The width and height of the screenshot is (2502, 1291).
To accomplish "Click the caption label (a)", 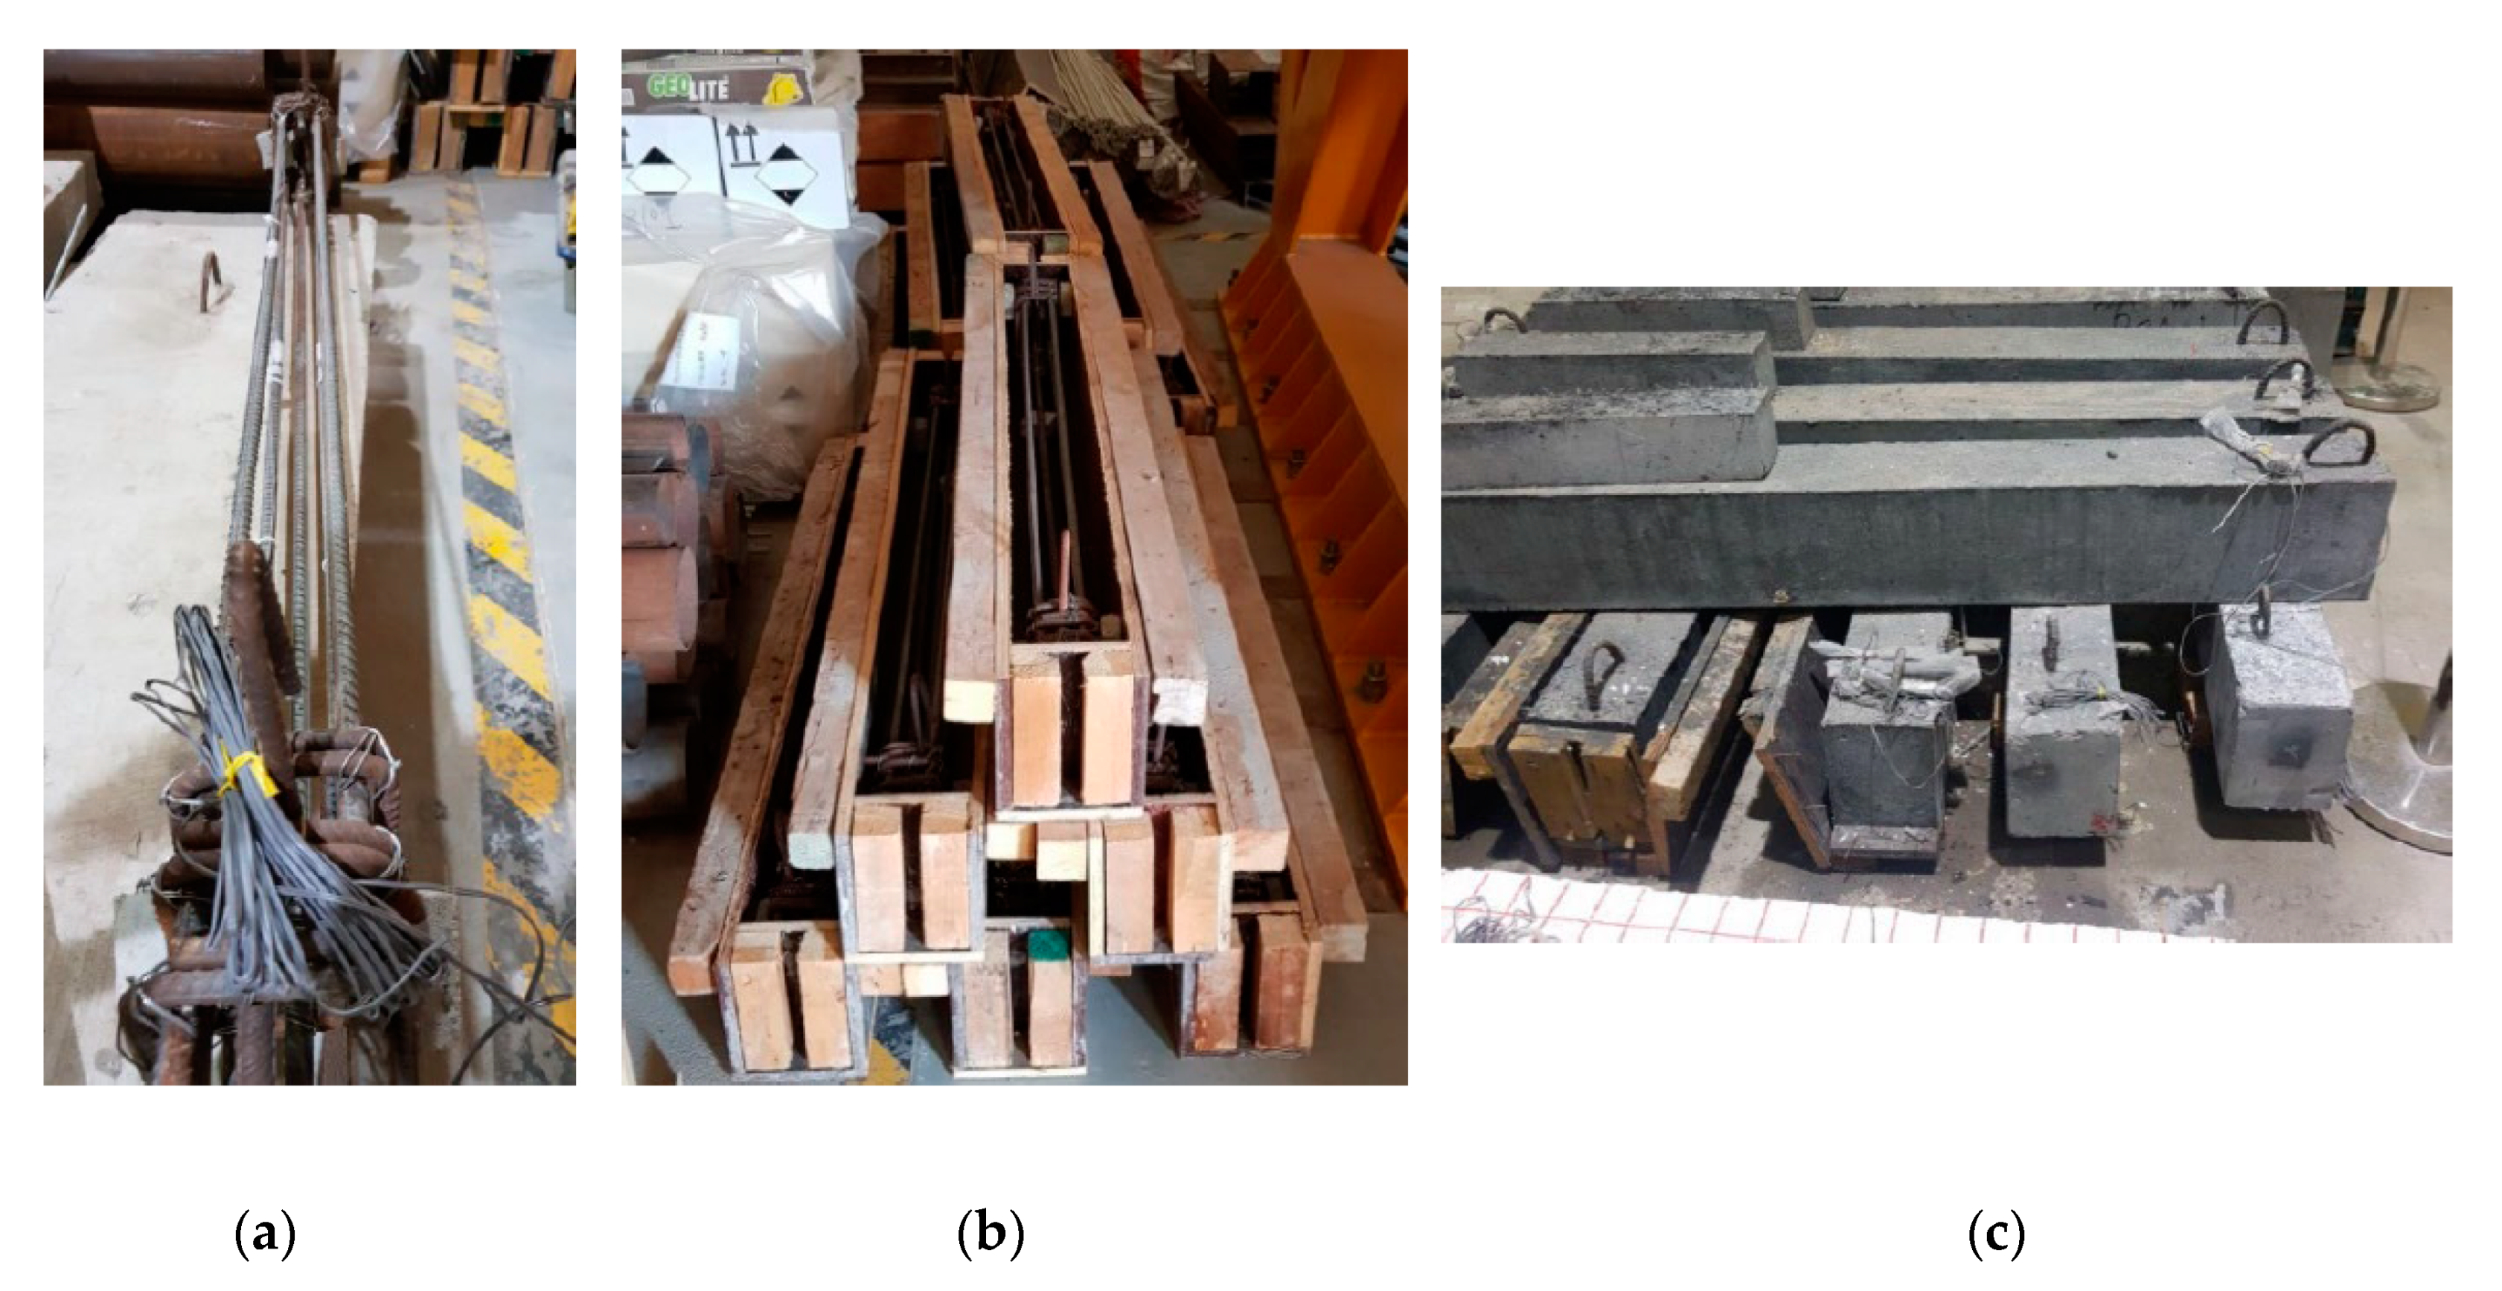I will [264, 1234].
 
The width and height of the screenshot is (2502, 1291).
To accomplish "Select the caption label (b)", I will [990, 1234].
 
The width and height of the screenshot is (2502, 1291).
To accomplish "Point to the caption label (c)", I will [1995, 1234].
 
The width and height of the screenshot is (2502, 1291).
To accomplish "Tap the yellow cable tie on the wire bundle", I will [239, 768].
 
